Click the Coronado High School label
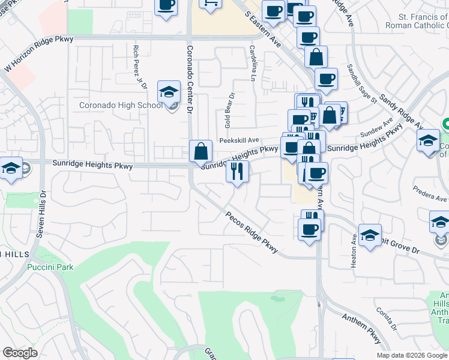(x=121, y=106)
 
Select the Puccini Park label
(x=50, y=267)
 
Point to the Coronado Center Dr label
(x=190, y=79)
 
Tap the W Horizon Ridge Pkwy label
(x=38, y=55)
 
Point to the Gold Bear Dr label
(x=230, y=110)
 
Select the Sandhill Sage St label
(x=360, y=84)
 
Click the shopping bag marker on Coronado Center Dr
(x=201, y=151)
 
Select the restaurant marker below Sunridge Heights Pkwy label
(x=237, y=172)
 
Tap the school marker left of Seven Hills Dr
(x=10, y=168)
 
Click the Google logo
(x=20, y=353)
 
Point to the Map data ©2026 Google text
(x=411, y=355)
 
